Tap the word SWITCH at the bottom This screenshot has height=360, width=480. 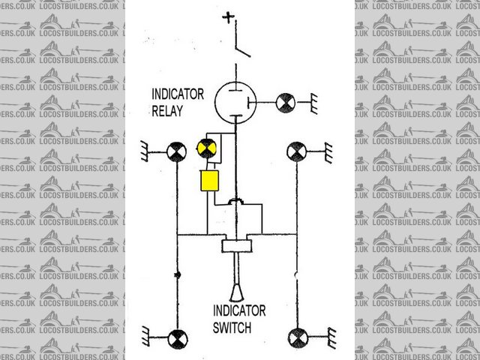[x=232, y=328]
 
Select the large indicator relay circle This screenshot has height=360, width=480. [x=235, y=102]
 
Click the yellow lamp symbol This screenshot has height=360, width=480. [x=205, y=148]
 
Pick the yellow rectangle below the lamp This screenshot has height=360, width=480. [x=208, y=181]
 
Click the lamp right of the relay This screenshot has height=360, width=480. [x=286, y=102]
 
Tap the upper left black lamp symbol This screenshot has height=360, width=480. [x=176, y=152]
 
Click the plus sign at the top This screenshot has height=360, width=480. [x=229, y=15]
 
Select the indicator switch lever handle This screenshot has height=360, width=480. [x=235, y=281]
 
